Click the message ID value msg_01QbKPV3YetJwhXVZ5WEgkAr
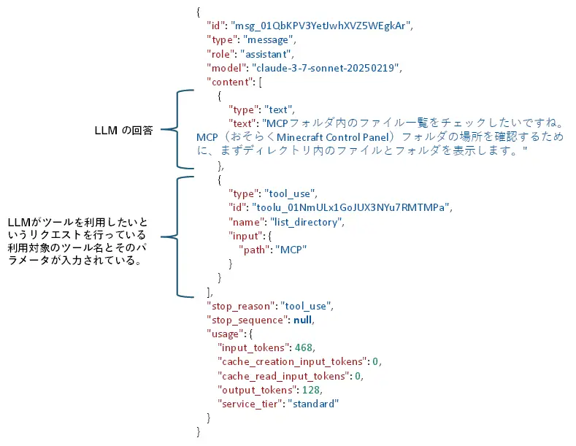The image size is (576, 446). tap(322, 26)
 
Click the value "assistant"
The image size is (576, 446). tap(268, 53)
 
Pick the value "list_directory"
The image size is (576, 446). tap(307, 221)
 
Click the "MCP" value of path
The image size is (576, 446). tap(290, 249)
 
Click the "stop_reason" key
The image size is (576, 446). tap(239, 307)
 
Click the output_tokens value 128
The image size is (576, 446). tap(312, 390)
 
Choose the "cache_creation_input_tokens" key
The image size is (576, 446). tap(291, 362)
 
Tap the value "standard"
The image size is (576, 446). tap(314, 404)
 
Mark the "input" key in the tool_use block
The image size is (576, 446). tap(246, 235)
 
